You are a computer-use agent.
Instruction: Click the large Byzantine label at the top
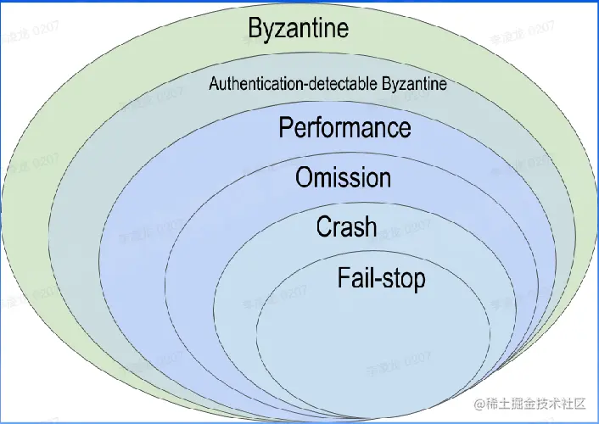pos(298,28)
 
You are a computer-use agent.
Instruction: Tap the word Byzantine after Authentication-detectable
pos(415,84)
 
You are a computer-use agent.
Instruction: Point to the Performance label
pos(344,128)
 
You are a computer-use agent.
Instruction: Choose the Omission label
pos(343,178)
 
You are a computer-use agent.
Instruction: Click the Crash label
pos(346,227)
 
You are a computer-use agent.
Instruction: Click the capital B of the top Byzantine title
pos(255,28)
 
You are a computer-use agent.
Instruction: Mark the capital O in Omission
pos(304,178)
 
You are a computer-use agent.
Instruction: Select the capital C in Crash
pos(323,227)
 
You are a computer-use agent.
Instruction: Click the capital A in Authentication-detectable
pos(213,84)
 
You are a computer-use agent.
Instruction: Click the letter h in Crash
pos(370,227)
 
